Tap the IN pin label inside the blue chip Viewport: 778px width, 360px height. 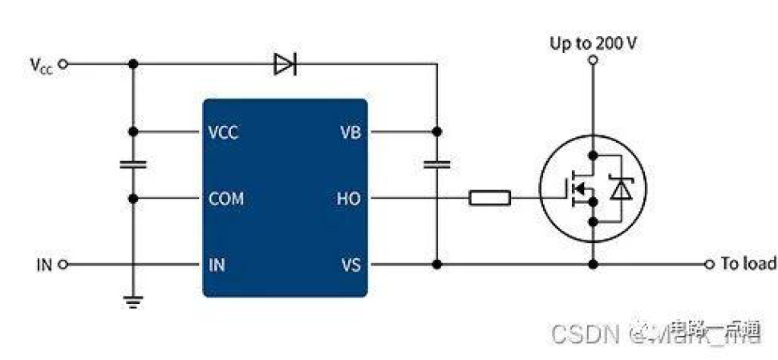coord(217,264)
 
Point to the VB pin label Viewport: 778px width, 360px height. coord(350,131)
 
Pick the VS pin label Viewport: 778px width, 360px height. coord(351,264)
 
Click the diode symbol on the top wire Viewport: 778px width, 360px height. coord(285,64)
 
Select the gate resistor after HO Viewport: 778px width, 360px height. coord(489,197)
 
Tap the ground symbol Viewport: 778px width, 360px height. coord(133,301)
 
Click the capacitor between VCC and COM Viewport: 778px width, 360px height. coord(133,164)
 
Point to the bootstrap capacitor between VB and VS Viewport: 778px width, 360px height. coord(437,164)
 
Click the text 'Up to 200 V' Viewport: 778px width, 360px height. coord(593,42)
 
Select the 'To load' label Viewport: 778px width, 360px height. coord(748,264)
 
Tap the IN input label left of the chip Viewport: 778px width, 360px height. coord(43,264)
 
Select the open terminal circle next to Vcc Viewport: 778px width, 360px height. coord(63,64)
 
